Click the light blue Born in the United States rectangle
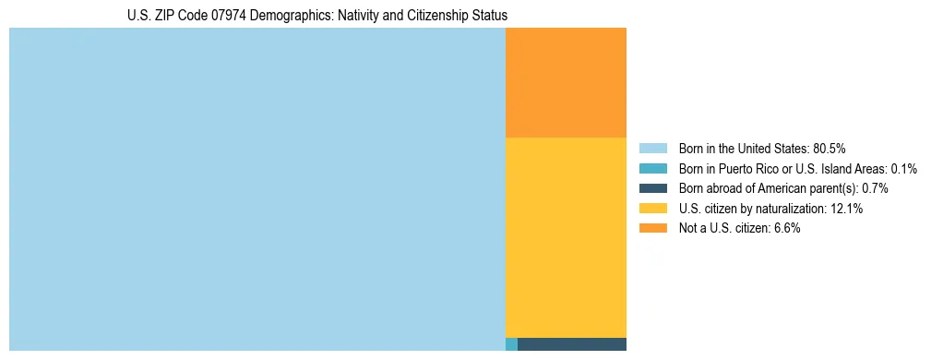point(257,189)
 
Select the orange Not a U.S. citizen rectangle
point(566,82)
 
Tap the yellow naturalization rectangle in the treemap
point(566,237)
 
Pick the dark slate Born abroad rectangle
point(572,344)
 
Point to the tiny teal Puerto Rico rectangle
point(511,344)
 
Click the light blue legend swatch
point(652,149)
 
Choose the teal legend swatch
point(652,169)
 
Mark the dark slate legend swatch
point(652,188)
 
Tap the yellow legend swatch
point(652,209)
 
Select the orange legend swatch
point(652,228)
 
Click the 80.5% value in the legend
point(830,149)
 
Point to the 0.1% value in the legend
point(904,169)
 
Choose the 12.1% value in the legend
point(846,209)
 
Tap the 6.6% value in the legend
point(785,228)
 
